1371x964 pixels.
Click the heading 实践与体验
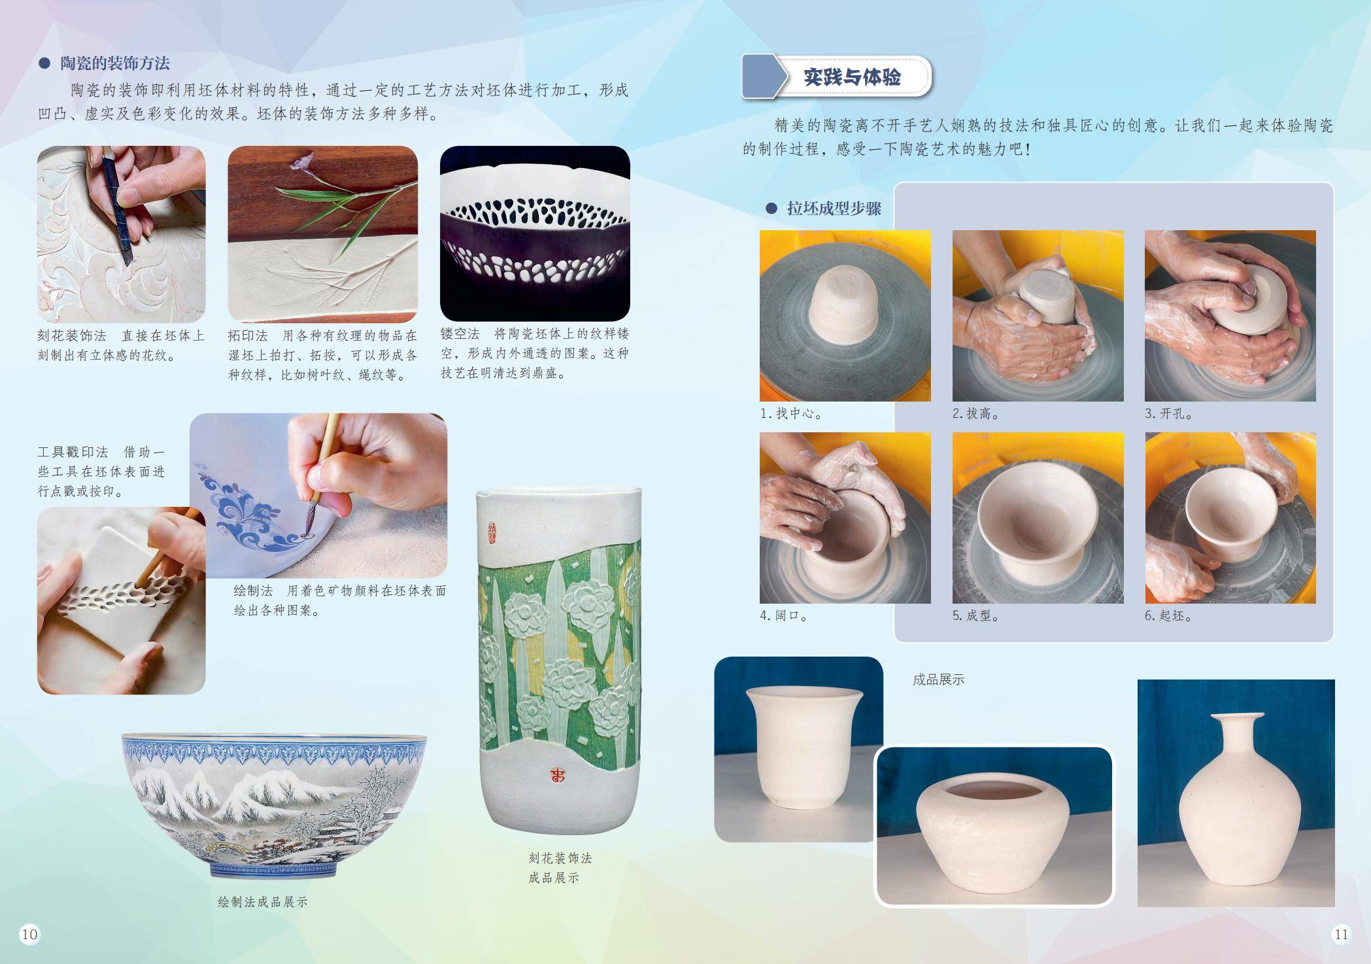coord(852,77)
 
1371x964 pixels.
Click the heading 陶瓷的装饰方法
coord(115,63)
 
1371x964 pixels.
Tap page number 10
coord(29,934)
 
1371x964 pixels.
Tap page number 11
coord(1341,934)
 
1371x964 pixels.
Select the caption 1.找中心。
coord(791,413)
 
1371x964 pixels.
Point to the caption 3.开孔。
coord(1169,413)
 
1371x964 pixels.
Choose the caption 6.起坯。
coord(1169,615)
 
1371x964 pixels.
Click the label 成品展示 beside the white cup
coord(938,680)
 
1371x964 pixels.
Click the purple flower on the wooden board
coord(302,162)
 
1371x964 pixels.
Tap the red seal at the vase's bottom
coord(558,776)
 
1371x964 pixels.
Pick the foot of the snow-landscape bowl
coord(274,870)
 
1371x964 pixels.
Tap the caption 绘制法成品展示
coord(263,902)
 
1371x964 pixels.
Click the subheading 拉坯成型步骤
coord(834,209)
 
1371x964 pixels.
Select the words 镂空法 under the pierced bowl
coord(460,334)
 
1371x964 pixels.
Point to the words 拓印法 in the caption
coord(248,336)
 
